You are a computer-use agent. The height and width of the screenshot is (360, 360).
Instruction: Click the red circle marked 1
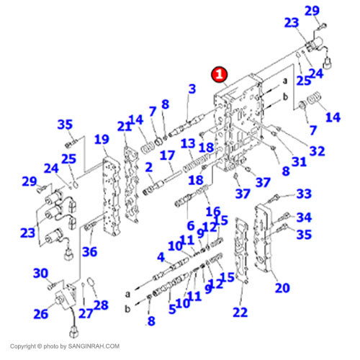[220, 74]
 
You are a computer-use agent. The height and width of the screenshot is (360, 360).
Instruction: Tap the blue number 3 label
[192, 89]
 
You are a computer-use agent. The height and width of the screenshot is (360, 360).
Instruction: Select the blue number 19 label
[102, 139]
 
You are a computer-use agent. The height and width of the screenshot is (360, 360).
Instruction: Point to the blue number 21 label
[125, 126]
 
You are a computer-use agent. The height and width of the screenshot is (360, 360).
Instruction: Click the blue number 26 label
[41, 314]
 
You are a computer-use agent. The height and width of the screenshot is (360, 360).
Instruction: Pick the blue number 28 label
[101, 305]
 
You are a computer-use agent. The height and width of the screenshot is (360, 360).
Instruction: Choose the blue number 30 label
[40, 273]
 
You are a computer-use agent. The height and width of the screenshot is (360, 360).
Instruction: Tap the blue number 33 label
[304, 194]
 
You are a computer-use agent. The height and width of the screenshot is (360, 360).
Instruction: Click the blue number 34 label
[304, 217]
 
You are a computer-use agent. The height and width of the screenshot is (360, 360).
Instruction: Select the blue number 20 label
[282, 287]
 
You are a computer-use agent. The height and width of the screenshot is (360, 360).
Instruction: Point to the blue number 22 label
[240, 312]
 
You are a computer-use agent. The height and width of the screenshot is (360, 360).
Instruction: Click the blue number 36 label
[90, 252]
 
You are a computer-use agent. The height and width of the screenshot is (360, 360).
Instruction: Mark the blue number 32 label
[318, 151]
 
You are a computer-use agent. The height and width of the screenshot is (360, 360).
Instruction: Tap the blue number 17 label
[167, 156]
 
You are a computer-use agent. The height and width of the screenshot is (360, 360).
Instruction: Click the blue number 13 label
[188, 144]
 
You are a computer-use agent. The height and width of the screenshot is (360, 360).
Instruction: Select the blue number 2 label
[149, 167]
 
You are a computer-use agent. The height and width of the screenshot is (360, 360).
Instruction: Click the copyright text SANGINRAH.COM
[94, 346]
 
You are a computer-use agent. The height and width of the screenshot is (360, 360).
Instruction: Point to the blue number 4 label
[161, 257]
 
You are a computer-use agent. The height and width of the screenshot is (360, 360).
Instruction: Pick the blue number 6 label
[191, 226]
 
